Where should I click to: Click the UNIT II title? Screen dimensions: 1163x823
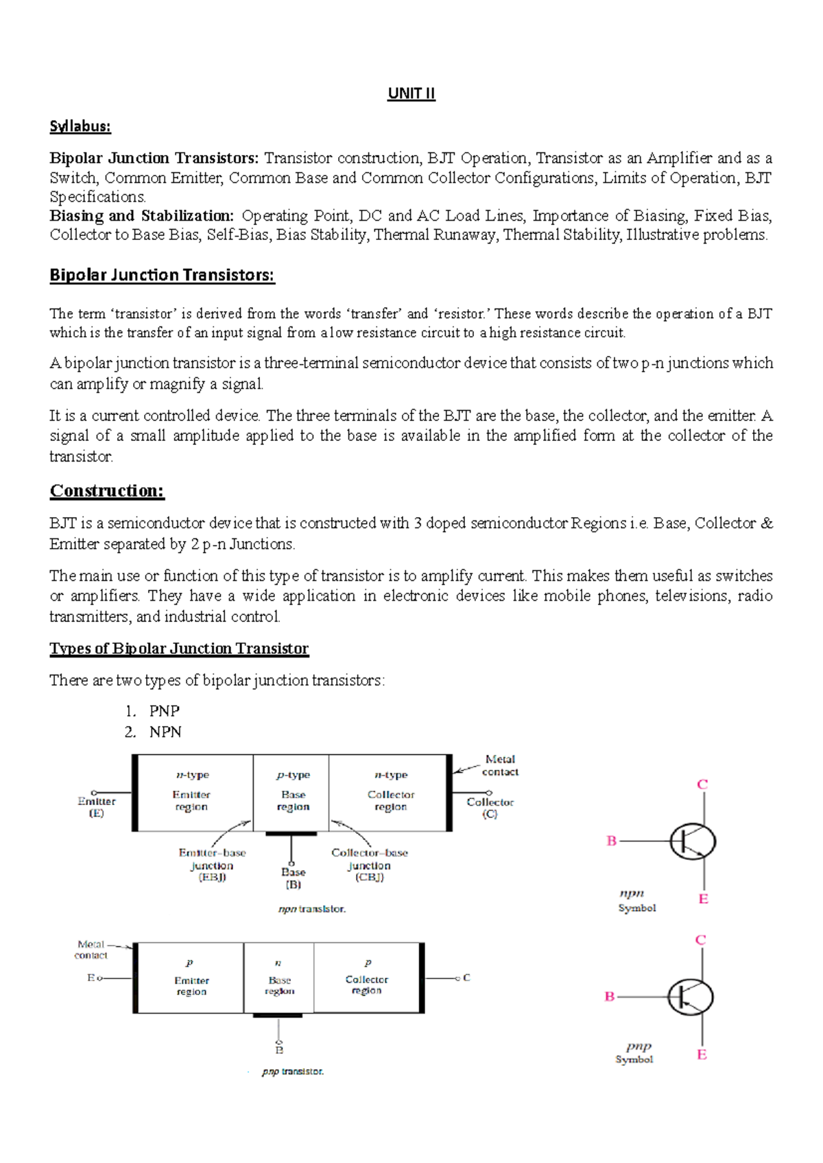pyautogui.click(x=411, y=93)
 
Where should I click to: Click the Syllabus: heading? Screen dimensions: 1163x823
pyautogui.click(x=80, y=126)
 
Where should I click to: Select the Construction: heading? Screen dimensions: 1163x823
pyautogui.click(x=107, y=491)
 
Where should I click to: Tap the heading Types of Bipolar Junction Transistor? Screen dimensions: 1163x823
pyautogui.click(x=179, y=649)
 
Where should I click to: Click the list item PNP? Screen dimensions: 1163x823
pyautogui.click(x=164, y=711)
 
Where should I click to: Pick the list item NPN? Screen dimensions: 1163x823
pyautogui.click(x=165, y=732)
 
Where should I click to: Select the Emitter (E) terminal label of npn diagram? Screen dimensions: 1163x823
pyautogui.click(x=97, y=807)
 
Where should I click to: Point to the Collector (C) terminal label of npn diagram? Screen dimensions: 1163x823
pyautogui.click(x=490, y=808)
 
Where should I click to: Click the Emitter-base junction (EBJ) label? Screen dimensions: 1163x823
pyautogui.click(x=212, y=865)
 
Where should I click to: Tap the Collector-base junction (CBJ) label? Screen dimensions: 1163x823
pyautogui.click(x=369, y=865)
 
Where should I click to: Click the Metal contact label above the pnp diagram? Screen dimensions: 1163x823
pyautogui.click(x=91, y=950)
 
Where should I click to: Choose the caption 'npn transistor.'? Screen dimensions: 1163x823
pyautogui.click(x=311, y=909)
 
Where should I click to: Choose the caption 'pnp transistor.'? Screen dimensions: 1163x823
pyautogui.click(x=292, y=1071)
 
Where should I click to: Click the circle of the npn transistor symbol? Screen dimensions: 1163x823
pyautogui.click(x=693, y=841)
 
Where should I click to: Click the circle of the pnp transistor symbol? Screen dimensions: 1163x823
pyautogui.click(x=690, y=997)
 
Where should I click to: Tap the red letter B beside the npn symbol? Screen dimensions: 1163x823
pyautogui.click(x=612, y=841)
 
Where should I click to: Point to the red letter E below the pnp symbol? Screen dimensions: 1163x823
pyautogui.click(x=702, y=1055)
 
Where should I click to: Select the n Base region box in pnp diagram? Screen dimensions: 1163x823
pyautogui.click(x=279, y=978)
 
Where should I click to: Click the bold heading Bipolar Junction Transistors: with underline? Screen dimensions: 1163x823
pyautogui.click(x=162, y=276)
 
